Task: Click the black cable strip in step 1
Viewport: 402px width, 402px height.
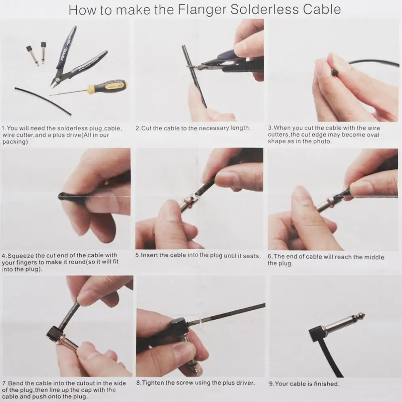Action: [x=43, y=101]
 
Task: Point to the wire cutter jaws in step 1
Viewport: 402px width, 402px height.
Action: [x=55, y=82]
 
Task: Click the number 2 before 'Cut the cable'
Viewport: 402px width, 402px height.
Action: [x=137, y=128]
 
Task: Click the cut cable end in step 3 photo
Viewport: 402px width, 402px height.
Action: [x=334, y=73]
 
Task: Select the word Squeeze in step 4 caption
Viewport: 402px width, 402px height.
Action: [x=21, y=256]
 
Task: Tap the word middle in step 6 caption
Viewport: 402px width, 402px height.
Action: [x=374, y=257]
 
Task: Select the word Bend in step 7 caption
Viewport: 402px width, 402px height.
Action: [x=16, y=383]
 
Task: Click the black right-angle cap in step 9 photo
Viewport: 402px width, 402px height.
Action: [x=317, y=334]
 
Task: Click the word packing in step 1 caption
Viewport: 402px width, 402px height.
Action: [x=14, y=142]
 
